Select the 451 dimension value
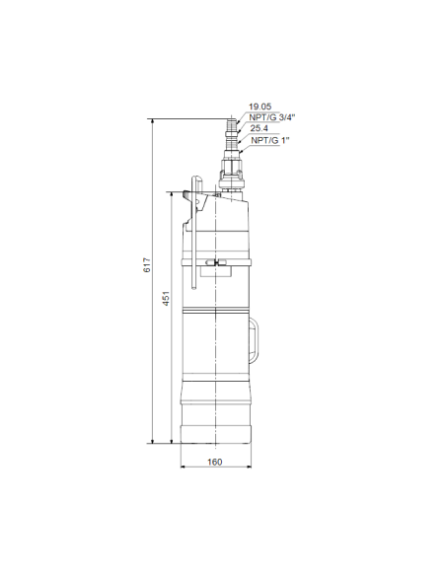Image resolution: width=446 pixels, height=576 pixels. coord(166,298)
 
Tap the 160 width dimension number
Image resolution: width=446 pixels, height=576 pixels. coord(215,462)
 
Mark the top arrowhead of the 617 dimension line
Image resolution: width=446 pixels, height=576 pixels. coord(152,120)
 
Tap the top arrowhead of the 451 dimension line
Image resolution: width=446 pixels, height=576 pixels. coord(173,195)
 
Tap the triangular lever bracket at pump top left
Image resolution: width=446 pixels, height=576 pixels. coord(192,198)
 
